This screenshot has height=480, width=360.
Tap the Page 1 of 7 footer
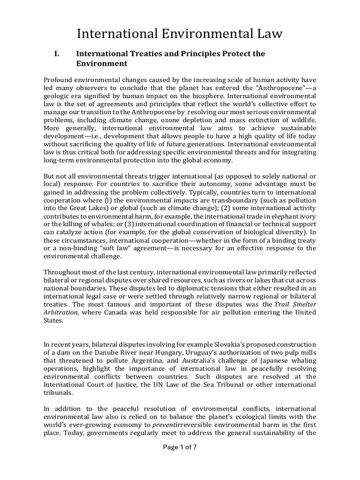pyautogui.click(x=180, y=447)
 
